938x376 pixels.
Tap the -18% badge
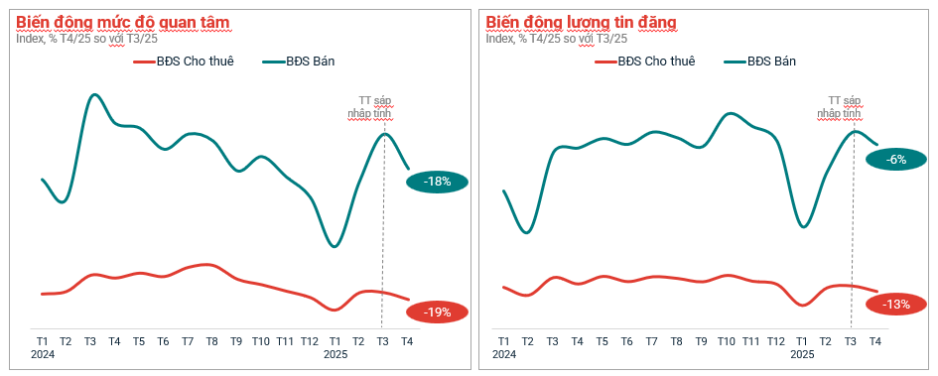tap(437, 182)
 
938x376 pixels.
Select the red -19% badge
tap(437, 312)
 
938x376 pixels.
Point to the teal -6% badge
tap(896, 159)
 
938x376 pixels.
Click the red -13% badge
tap(896, 304)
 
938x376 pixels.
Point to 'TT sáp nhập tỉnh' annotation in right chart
tap(845, 107)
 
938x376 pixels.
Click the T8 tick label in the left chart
tap(211, 341)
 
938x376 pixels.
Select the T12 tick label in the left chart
tap(310, 341)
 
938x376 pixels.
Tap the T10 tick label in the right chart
tap(726, 341)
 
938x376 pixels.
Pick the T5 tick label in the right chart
tap(602, 341)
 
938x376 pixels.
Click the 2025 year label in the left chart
tap(335, 354)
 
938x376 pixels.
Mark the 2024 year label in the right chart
tap(503, 354)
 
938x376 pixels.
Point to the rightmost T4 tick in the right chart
tap(874, 341)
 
